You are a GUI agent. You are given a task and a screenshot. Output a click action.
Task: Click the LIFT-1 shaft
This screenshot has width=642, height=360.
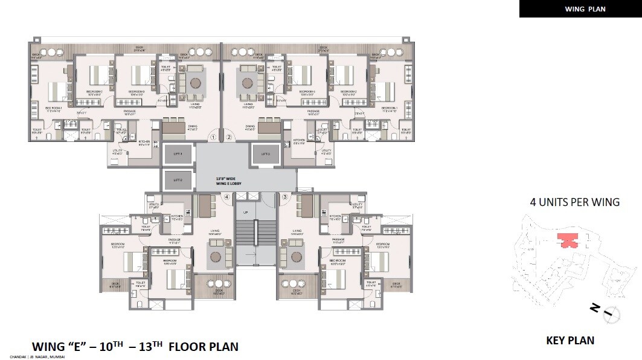coord(177,155)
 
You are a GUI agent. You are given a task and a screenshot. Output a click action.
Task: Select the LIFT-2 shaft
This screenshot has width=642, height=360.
coord(177,180)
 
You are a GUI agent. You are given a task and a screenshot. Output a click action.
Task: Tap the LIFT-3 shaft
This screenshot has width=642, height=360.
coord(265,155)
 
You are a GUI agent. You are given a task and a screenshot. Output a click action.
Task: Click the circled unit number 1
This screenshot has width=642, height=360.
coord(213,137)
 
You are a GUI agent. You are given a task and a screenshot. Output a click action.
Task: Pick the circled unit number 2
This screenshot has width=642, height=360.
coord(229,137)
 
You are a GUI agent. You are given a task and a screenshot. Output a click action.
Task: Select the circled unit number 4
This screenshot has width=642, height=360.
coord(227,197)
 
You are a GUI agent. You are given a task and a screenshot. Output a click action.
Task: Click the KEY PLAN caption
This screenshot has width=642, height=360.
coord(570,341)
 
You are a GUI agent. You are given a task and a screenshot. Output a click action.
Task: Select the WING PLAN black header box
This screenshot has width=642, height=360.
coord(580,9)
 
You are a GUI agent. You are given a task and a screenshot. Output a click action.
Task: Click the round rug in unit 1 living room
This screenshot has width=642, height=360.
coord(196,83)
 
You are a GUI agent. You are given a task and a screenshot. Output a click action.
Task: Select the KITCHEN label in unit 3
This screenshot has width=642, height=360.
coord(336,216)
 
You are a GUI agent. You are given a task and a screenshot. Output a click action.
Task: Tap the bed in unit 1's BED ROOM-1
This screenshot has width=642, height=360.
coord(59,91)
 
